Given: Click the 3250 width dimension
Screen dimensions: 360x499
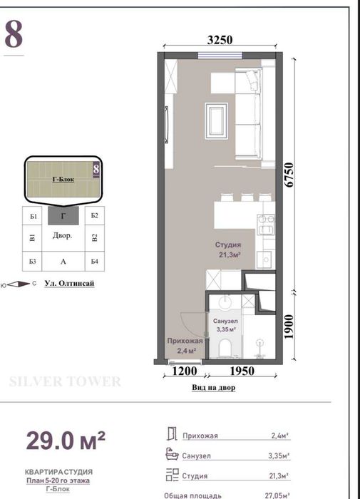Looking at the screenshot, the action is pyautogui.click(x=220, y=40).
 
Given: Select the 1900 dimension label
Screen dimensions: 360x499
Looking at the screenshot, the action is pyautogui.click(x=289, y=326).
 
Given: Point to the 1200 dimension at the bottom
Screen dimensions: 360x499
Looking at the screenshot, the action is pyautogui.click(x=185, y=371).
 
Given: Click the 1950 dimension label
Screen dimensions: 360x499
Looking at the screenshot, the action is pyautogui.click(x=242, y=371).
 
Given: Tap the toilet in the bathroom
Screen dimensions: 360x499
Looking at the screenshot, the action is pyautogui.click(x=226, y=347).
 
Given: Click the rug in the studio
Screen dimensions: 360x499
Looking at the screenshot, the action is pyautogui.click(x=217, y=121).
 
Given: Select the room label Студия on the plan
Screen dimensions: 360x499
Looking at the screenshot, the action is pyautogui.click(x=228, y=245).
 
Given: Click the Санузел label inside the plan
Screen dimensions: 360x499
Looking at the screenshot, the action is pyautogui.click(x=225, y=321).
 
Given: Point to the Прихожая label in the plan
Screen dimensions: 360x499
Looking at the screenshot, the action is pyautogui.click(x=185, y=341).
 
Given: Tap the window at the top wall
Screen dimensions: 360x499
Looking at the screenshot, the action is pyautogui.click(x=220, y=56).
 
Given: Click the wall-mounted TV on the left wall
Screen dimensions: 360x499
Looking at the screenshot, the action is pyautogui.click(x=166, y=125).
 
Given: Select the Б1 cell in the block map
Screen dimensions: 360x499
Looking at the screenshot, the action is pyautogui.click(x=34, y=217).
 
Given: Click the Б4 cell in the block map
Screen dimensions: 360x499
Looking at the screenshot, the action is pyautogui.click(x=95, y=262).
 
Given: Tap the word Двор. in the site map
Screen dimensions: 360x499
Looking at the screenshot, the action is pyautogui.click(x=63, y=235).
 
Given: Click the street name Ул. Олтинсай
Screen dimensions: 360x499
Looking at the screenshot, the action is pyautogui.click(x=69, y=283).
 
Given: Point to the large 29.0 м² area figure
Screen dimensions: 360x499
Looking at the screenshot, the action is pyautogui.click(x=66, y=441).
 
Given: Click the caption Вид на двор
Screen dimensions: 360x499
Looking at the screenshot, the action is pyautogui.click(x=214, y=387).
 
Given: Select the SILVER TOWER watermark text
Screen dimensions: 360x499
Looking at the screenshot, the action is pyautogui.click(x=65, y=381).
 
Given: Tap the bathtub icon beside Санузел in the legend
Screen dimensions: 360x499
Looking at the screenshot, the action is pyautogui.click(x=172, y=454).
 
